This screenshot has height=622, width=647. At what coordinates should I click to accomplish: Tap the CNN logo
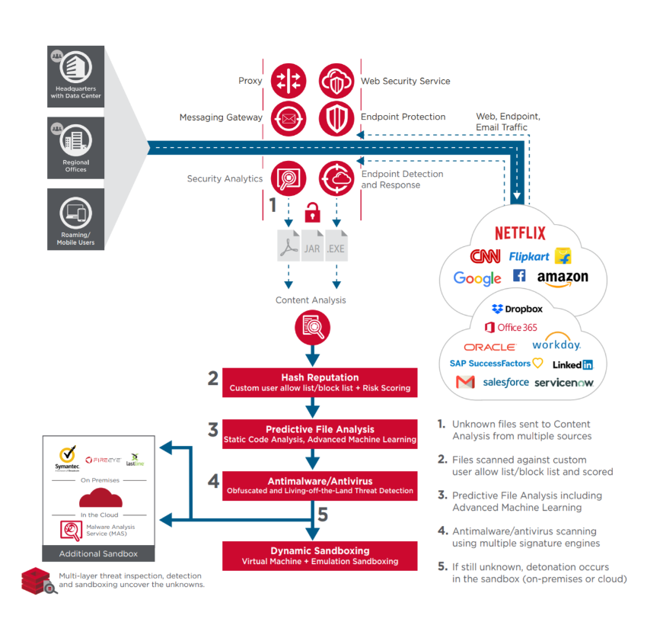[x=485, y=256]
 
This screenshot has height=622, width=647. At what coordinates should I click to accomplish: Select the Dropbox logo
[x=517, y=309]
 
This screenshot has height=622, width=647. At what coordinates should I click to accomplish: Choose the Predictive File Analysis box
[x=320, y=434]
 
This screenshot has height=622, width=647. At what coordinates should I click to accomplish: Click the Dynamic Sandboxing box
[x=320, y=556]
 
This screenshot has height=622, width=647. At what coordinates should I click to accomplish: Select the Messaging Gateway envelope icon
[x=288, y=117]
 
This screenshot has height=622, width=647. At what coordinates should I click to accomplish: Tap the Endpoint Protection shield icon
[x=336, y=117]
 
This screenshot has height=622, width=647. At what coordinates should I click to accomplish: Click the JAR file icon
[x=312, y=246]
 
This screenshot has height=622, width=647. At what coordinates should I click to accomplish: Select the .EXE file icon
[x=336, y=246]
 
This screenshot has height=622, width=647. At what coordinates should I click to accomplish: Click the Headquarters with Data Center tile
[x=76, y=76]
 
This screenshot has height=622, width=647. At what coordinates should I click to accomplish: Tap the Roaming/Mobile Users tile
[x=76, y=218]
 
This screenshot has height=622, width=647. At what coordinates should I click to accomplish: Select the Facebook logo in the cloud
[x=519, y=275]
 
